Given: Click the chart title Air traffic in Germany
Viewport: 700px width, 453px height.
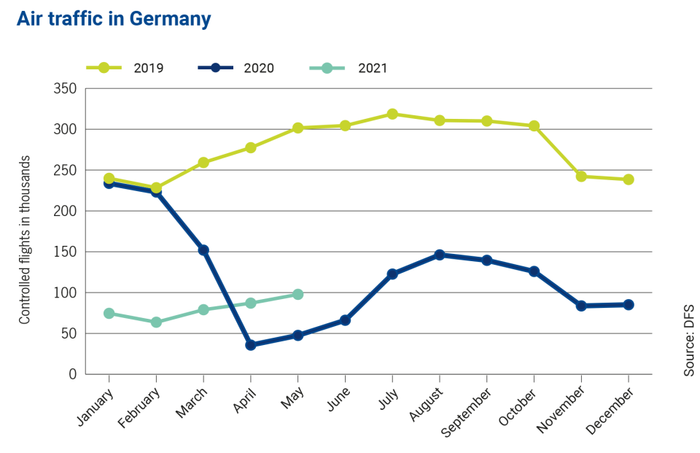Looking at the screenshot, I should click(114, 19).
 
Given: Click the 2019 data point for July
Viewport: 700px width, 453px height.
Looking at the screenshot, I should click(392, 114).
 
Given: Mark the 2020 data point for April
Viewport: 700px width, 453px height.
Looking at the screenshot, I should click(251, 345).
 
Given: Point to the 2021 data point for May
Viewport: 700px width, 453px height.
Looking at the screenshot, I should click(297, 294).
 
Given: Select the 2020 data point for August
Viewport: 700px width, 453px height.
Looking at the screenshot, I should click(440, 255).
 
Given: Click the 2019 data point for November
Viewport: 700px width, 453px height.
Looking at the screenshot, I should click(581, 177).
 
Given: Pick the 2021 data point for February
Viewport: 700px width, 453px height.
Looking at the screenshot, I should click(156, 322).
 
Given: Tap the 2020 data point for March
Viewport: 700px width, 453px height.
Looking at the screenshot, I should click(203, 249).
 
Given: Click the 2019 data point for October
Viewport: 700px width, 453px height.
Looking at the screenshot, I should click(534, 126).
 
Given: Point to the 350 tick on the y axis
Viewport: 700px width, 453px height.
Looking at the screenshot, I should click(66, 88).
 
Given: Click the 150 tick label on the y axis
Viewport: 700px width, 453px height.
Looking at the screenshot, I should click(66, 252).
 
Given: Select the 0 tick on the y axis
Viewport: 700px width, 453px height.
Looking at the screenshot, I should click(72, 374).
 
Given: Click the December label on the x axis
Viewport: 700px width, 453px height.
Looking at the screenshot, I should click(613, 409).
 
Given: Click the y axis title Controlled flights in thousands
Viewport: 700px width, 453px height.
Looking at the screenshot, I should click(25, 240).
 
